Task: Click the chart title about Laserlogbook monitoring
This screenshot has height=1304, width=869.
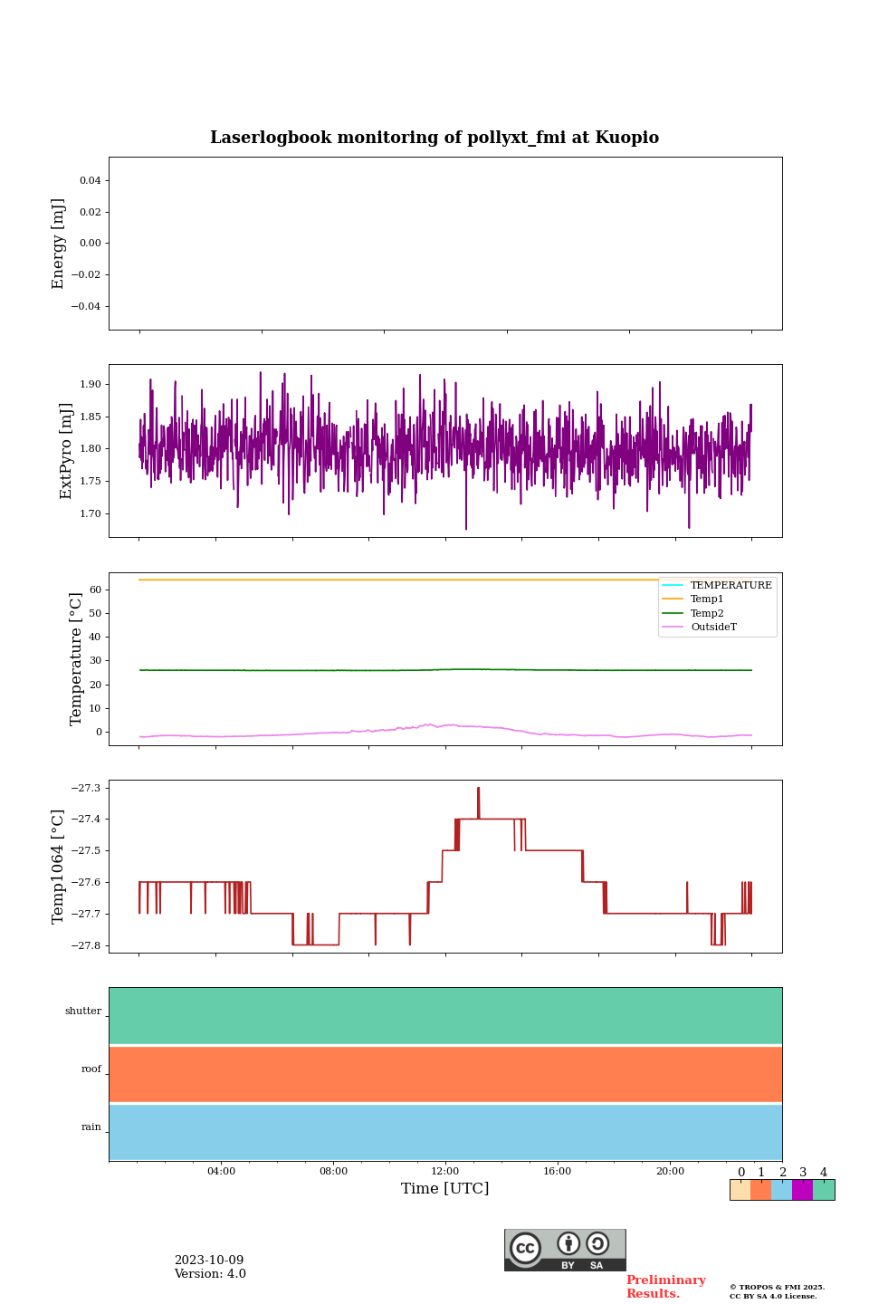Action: pyautogui.click(x=434, y=138)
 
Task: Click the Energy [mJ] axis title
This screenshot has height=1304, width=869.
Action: pyautogui.click(x=58, y=244)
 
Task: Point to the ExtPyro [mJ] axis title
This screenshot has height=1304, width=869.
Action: pyautogui.click(x=65, y=451)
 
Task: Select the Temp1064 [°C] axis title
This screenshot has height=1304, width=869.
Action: pyautogui.click(x=58, y=867)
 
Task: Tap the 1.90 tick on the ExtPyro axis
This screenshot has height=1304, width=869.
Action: pyautogui.click(x=90, y=384)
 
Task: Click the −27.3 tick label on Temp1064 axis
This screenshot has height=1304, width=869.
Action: pyautogui.click(x=86, y=788)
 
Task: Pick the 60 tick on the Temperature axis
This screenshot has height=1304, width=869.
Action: pyautogui.click(x=95, y=590)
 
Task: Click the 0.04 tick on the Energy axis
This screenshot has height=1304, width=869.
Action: pyautogui.click(x=90, y=180)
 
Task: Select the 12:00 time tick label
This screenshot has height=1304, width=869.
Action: pyautogui.click(x=445, y=1171)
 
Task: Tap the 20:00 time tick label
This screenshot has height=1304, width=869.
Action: pyautogui.click(x=670, y=1171)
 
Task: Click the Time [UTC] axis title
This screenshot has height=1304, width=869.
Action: pyautogui.click(x=445, y=1189)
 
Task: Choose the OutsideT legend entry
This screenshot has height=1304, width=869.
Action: pyautogui.click(x=713, y=627)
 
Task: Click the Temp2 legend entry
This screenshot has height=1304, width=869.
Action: pyautogui.click(x=707, y=613)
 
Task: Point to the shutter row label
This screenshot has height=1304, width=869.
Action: pyautogui.click(x=83, y=1012)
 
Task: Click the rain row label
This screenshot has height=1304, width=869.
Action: pyautogui.click(x=91, y=1127)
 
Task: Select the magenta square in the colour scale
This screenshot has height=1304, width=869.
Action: pyautogui.click(x=802, y=1190)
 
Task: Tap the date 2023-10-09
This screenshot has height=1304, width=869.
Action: pyautogui.click(x=209, y=1261)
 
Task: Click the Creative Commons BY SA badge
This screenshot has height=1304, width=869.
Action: pyautogui.click(x=565, y=1250)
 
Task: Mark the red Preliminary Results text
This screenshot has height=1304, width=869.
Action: pyautogui.click(x=665, y=1287)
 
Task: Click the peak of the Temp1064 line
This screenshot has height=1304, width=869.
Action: pyautogui.click(x=478, y=789)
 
